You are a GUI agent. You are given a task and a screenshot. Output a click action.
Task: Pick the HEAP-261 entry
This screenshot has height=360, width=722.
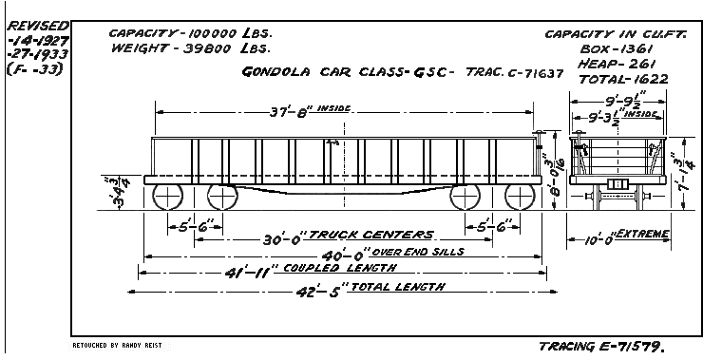click(x=612, y=63)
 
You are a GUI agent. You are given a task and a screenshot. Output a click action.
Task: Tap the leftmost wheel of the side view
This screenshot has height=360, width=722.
click(x=168, y=199)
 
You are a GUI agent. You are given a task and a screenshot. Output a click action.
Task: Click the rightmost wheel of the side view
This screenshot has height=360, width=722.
click(x=520, y=199)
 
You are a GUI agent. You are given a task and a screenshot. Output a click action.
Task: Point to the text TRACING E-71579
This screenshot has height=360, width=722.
click(x=608, y=347)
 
